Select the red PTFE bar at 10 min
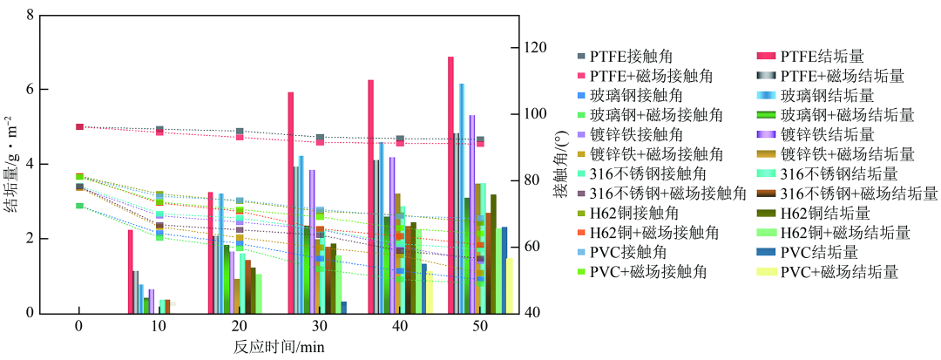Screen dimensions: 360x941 (131, 271)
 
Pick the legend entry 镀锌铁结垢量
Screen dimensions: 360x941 (827, 134)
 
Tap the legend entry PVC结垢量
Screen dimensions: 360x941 (819, 253)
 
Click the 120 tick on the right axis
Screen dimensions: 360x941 (533, 47)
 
